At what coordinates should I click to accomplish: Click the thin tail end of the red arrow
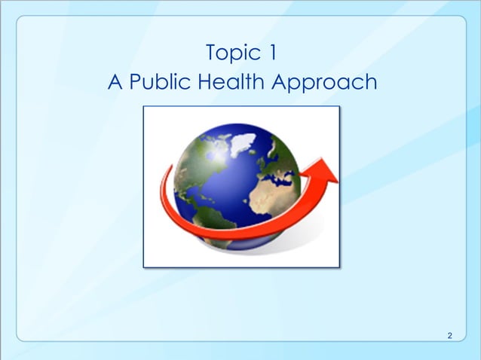(x=165, y=181)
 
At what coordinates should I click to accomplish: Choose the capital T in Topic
(x=211, y=54)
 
